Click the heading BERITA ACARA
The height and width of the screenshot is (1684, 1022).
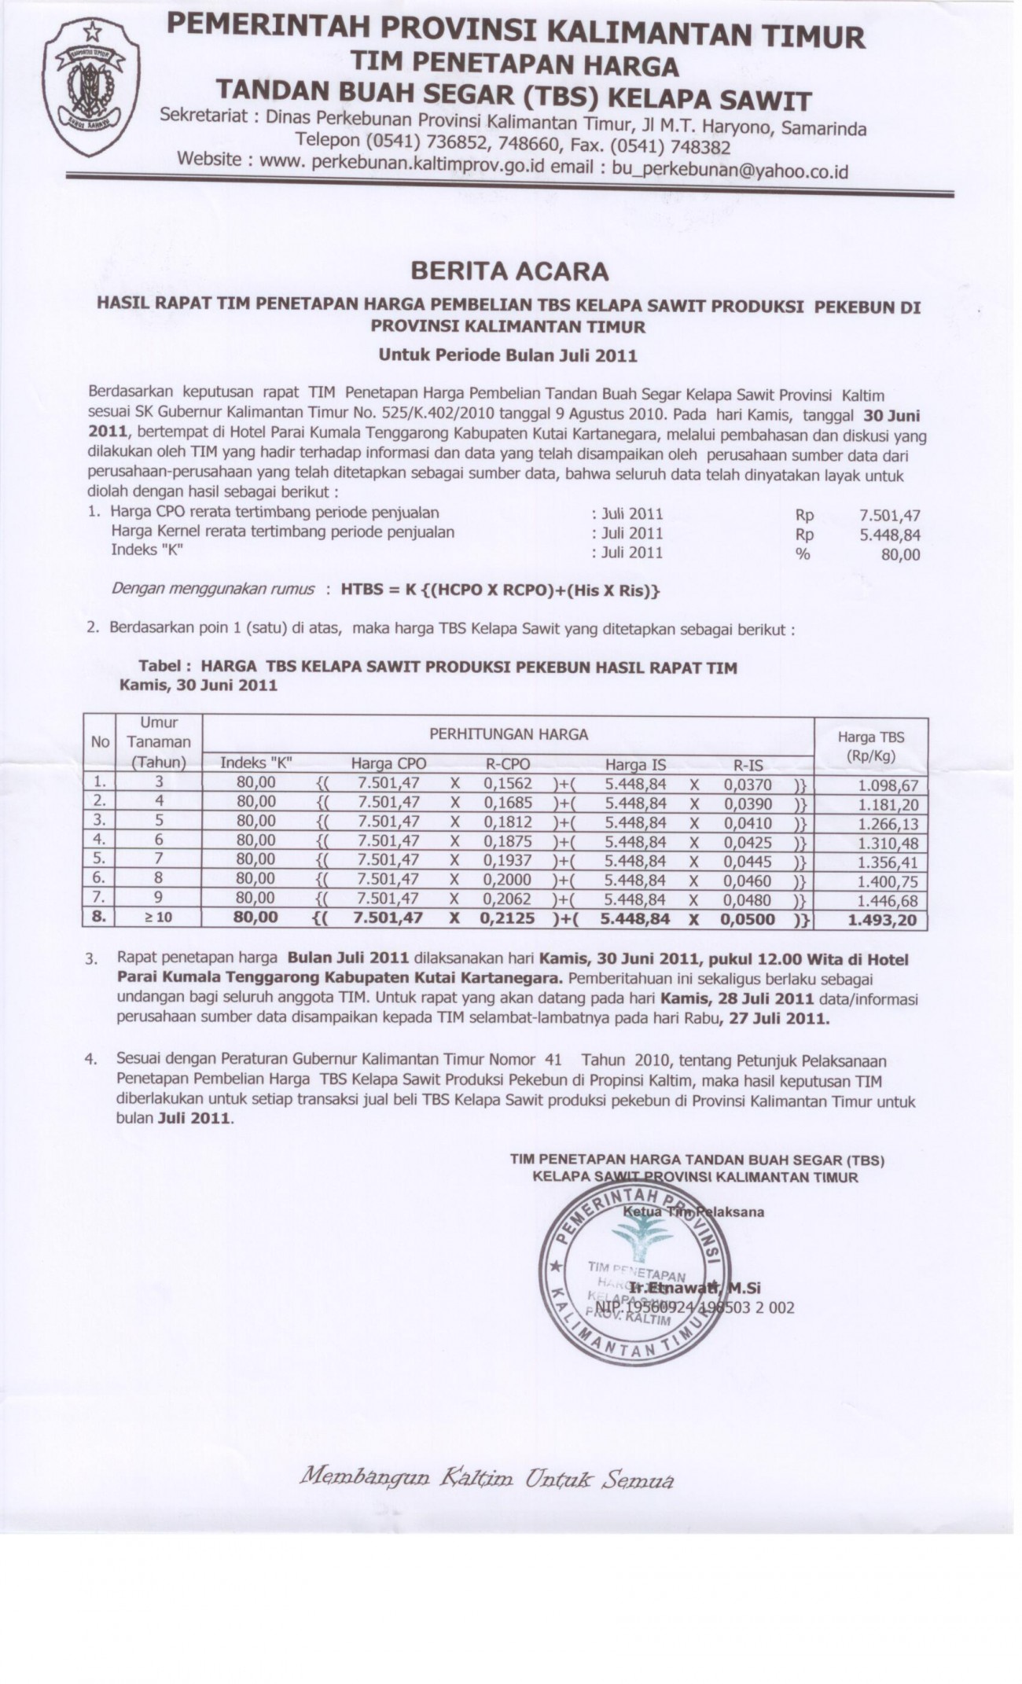pos(509,270)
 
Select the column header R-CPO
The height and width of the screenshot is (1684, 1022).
pos(507,763)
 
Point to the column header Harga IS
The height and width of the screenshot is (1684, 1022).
pos(635,763)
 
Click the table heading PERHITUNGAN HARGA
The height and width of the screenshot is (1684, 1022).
pos(508,734)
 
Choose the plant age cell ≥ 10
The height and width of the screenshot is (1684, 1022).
pos(158,917)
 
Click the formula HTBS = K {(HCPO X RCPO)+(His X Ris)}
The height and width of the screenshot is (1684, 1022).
pos(499,590)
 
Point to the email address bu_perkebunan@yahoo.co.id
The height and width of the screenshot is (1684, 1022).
pos(730,169)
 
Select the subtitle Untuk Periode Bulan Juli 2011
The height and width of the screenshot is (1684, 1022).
pos(508,355)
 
